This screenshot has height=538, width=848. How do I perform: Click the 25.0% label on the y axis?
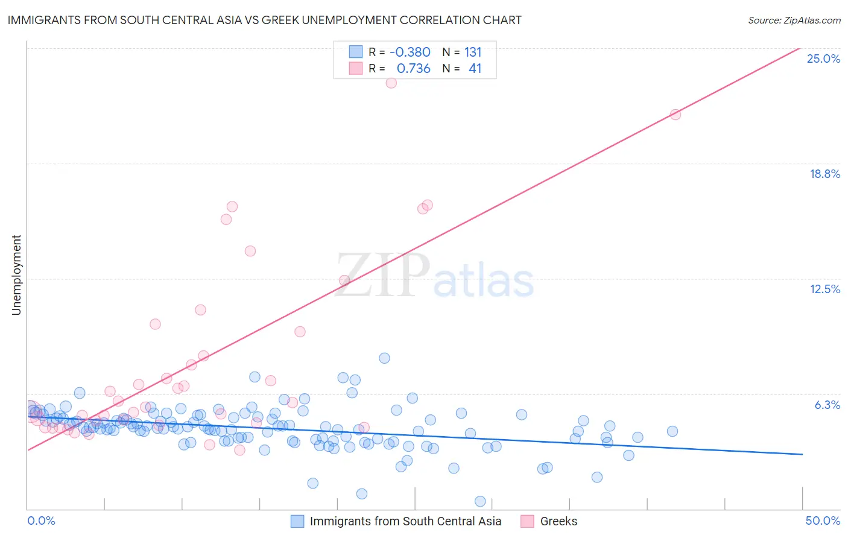[823, 59]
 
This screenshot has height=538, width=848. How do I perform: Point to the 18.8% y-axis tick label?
[824, 174]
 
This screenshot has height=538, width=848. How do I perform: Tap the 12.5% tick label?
[824, 289]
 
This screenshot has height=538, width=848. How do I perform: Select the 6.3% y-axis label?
[827, 405]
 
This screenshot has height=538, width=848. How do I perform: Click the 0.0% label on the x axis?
[41, 521]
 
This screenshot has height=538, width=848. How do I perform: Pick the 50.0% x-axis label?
[822, 521]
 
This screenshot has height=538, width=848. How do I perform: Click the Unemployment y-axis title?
[16, 275]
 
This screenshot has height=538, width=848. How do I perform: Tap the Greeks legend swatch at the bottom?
[527, 521]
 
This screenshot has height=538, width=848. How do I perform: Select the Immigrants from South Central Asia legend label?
[405, 521]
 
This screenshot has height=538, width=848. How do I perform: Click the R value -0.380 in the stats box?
[410, 52]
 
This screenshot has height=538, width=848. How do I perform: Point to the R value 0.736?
[413, 68]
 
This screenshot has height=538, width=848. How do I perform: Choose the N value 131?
[473, 52]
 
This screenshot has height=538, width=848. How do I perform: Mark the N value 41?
[475, 68]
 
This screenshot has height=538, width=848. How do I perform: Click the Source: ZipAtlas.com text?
[794, 20]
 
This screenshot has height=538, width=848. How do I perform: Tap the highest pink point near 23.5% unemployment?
[391, 83]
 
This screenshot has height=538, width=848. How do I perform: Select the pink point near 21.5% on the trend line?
[676, 115]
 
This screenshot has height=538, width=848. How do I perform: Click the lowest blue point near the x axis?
[480, 501]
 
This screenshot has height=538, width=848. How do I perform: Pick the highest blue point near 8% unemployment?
[384, 358]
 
